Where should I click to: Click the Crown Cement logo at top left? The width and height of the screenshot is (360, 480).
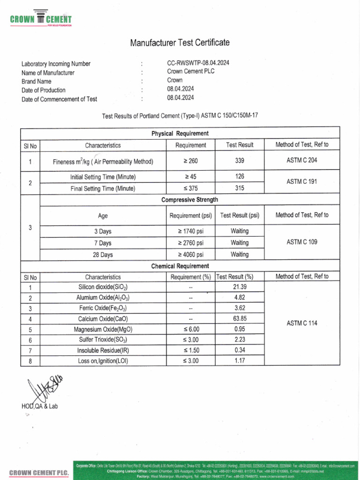click(41, 20)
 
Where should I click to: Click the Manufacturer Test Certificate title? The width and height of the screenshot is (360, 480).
click(180, 43)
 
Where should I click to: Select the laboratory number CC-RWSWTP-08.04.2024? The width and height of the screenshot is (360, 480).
click(198, 63)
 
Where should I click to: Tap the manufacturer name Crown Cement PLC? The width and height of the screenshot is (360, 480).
click(191, 72)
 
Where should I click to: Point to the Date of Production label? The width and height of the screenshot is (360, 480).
click(44, 90)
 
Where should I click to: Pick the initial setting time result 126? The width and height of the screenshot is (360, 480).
click(240, 177)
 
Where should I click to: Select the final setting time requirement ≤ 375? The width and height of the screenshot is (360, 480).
click(190, 188)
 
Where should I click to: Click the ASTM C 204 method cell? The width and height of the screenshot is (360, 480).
click(301, 160)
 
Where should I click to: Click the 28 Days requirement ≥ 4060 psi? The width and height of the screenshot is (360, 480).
click(190, 255)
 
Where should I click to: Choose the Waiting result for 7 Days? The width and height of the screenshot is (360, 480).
click(240, 243)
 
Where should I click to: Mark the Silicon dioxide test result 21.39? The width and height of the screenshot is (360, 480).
click(240, 287)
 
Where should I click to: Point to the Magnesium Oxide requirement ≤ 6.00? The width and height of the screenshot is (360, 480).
click(190, 329)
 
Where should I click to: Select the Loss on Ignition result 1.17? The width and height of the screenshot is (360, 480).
click(240, 360)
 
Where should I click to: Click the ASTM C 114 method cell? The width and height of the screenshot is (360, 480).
click(301, 323)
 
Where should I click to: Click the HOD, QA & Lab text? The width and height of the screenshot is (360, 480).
click(40, 406)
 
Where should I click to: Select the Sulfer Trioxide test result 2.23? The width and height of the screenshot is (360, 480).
click(240, 339)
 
